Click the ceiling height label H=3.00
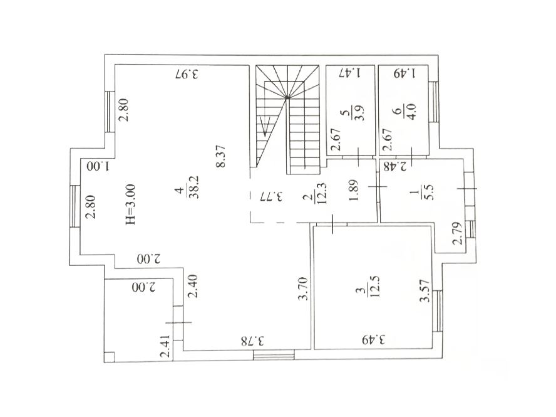click(130, 204)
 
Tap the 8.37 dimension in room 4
click(221, 156)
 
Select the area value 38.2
click(194, 187)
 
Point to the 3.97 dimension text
click(187, 75)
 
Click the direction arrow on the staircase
click(265, 127)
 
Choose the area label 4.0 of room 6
click(413, 112)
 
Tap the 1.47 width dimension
click(350, 73)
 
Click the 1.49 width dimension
click(404, 73)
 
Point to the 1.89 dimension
click(354, 190)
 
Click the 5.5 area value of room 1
click(430, 192)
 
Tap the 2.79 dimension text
click(458, 233)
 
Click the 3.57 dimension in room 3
click(424, 291)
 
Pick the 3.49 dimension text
click(373, 340)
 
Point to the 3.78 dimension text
click(253, 341)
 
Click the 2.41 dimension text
click(165, 347)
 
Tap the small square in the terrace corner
click(110, 357)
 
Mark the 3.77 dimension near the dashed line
click(271, 196)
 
